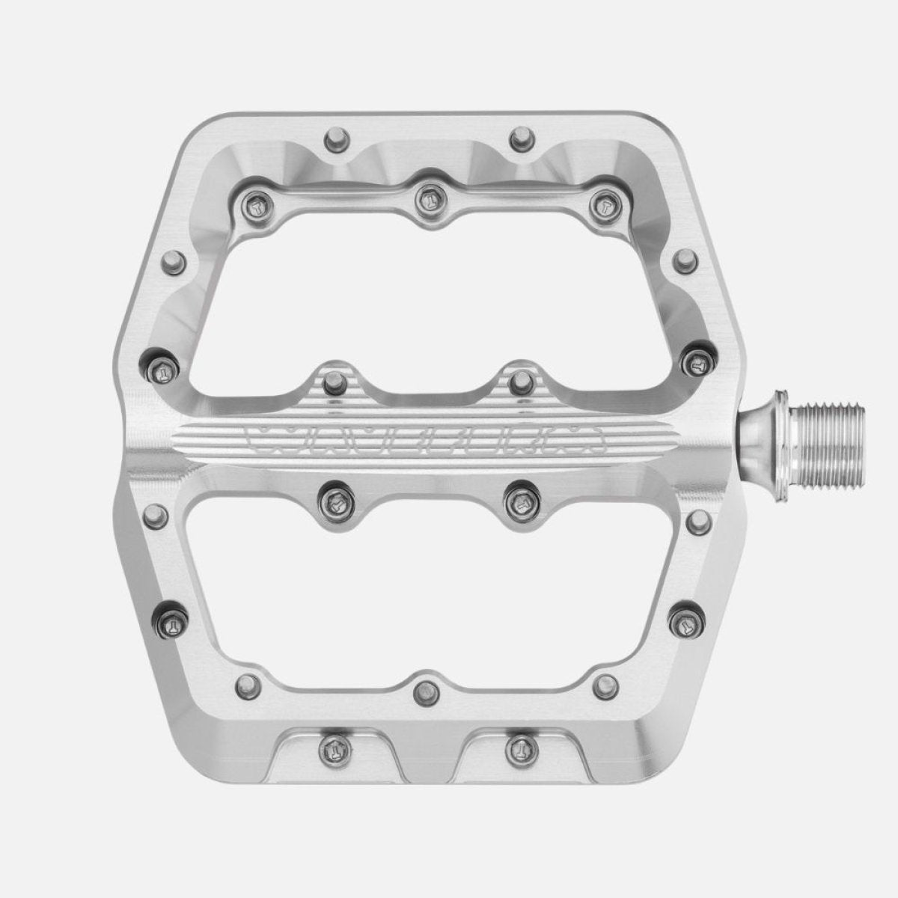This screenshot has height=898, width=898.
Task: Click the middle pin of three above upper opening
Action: click(428, 198)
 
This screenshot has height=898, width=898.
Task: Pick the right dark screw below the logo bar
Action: click(518, 498)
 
